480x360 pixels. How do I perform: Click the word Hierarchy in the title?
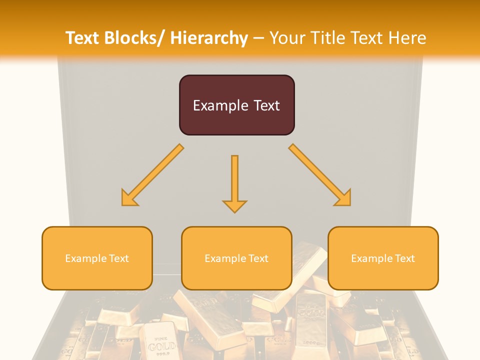(x=208, y=38)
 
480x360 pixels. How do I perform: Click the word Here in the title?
(x=406, y=38)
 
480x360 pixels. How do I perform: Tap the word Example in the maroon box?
(x=219, y=106)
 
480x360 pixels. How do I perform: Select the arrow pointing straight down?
(x=234, y=182)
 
